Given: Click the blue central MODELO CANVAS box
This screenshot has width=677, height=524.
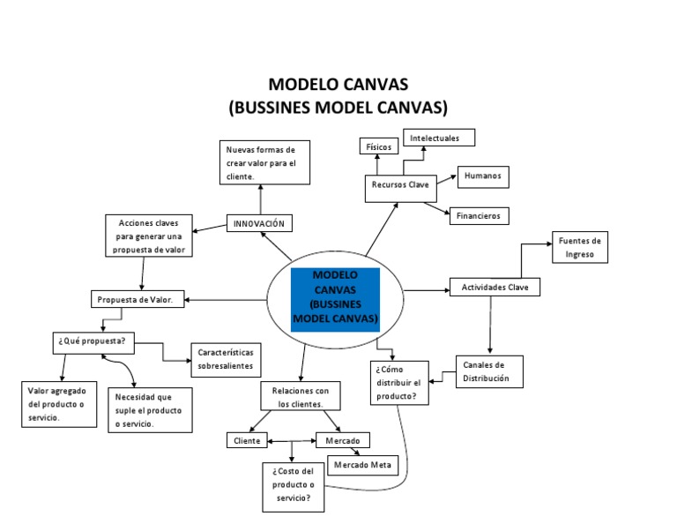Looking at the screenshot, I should pyautogui.click(x=335, y=299).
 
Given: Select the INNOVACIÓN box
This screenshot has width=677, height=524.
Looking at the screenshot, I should pyautogui.click(x=259, y=223).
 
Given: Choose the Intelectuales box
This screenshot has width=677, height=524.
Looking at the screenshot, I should pyautogui.click(x=439, y=138).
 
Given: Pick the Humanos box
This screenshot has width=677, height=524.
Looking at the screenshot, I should pyautogui.click(x=482, y=176).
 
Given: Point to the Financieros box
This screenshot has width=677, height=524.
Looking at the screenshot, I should pyautogui.click(x=479, y=215).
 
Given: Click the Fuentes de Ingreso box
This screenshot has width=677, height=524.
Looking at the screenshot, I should pyautogui.click(x=580, y=247).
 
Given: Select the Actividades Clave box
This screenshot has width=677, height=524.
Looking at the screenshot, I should pyautogui.click(x=495, y=288).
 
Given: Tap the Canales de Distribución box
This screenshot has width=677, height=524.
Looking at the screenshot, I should pyautogui.click(x=489, y=371).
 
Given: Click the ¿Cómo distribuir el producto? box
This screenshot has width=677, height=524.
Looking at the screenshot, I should pyautogui.click(x=399, y=382).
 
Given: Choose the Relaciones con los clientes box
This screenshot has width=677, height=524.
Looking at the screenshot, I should pyautogui.click(x=300, y=396).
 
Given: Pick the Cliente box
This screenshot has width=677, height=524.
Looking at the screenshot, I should pyautogui.click(x=246, y=440).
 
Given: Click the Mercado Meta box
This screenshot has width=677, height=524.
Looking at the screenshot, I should pyautogui.click(x=362, y=464).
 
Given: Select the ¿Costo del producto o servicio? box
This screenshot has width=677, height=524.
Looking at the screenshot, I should pyautogui.click(x=293, y=486).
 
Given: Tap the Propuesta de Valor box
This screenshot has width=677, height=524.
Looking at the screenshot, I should pyautogui.click(x=138, y=299).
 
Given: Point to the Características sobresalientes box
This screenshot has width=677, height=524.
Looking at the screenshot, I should pyautogui.click(x=225, y=357).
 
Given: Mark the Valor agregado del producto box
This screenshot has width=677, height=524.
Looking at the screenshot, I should pyautogui.click(x=58, y=404).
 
